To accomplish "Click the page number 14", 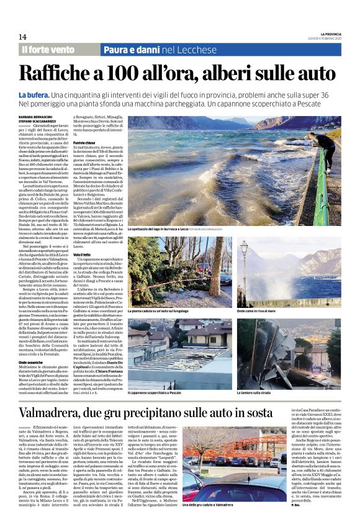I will pos(22,37).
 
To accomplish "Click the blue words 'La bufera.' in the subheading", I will pos(33,94).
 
